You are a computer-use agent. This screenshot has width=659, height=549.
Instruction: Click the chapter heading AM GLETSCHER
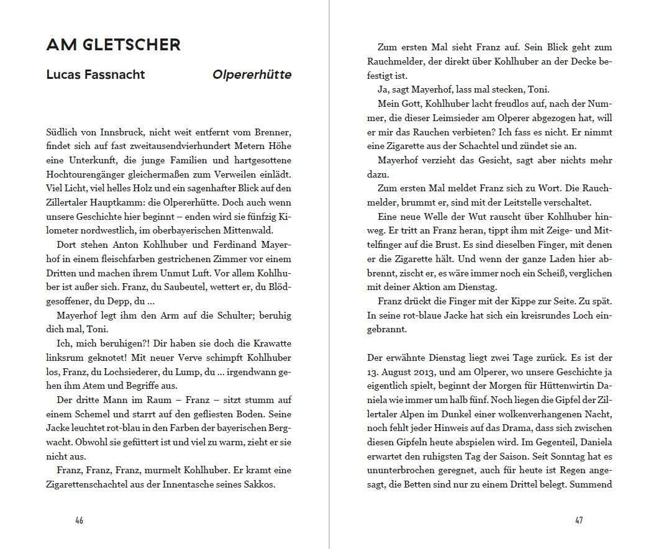click(113, 45)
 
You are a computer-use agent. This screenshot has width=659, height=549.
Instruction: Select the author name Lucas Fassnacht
click(96, 75)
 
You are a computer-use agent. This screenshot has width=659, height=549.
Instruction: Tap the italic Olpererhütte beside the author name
click(252, 75)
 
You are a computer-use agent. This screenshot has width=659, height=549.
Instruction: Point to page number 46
click(79, 520)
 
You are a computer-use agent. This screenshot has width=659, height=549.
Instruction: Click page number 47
click(579, 520)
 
